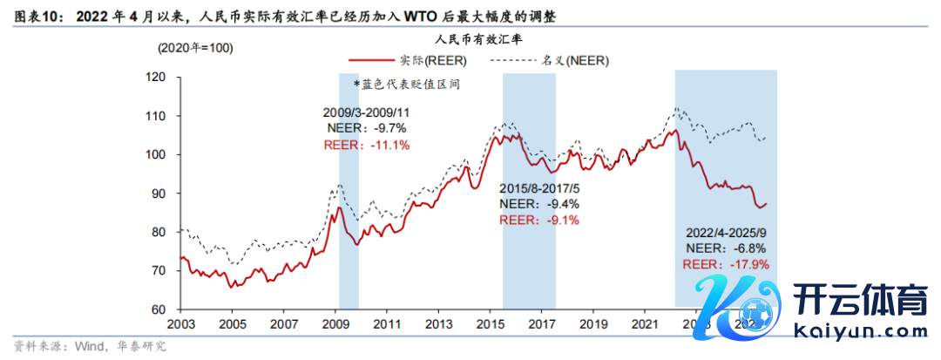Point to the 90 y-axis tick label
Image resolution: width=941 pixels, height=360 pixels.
click(x=158, y=194)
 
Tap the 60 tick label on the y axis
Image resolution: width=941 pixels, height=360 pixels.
click(x=158, y=309)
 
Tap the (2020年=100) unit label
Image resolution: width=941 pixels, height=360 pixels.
click(x=194, y=49)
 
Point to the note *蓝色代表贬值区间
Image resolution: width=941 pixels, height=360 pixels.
click(x=406, y=85)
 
